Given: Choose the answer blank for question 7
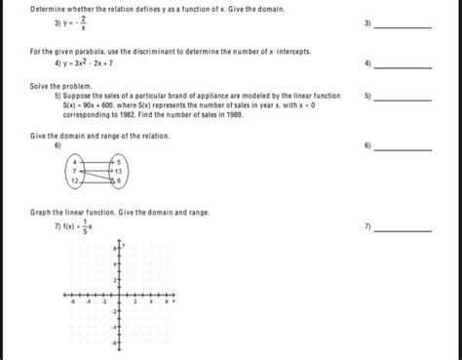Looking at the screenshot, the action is click(x=402, y=230).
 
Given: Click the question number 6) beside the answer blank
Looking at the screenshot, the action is click(x=366, y=145).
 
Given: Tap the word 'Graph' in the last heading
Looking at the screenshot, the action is click(x=41, y=212).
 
